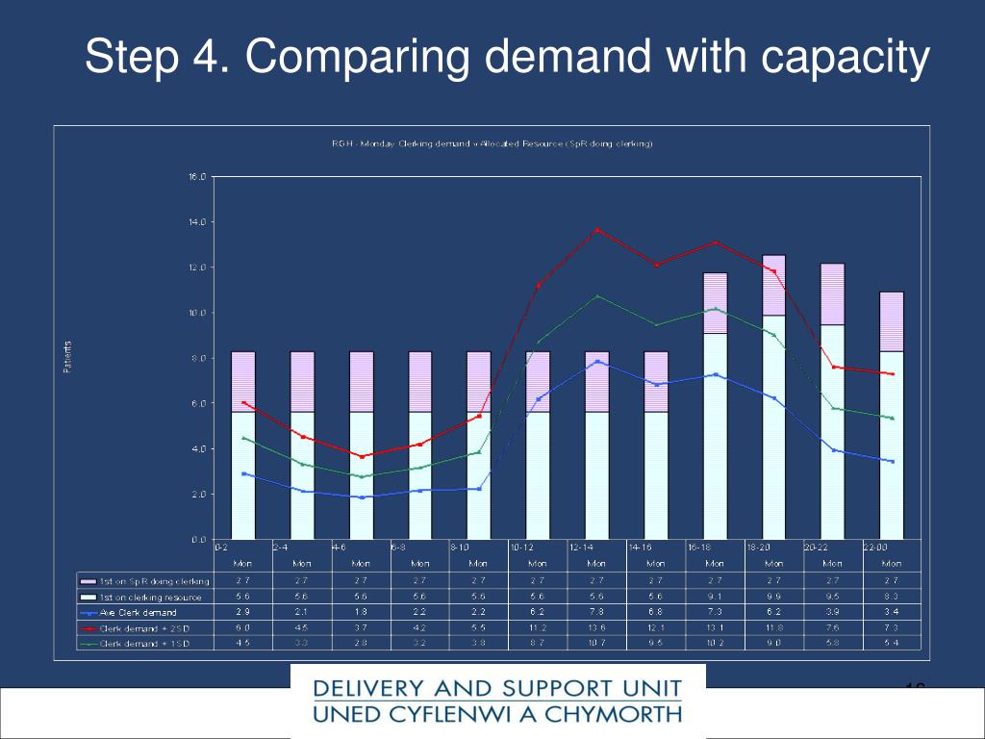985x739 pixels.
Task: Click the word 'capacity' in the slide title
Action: pyautogui.click(x=846, y=58)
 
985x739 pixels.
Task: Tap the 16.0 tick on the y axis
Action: pyautogui.click(x=197, y=177)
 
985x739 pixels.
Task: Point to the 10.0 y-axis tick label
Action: pyautogui.click(x=197, y=313)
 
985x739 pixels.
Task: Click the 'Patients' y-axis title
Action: pyautogui.click(x=67, y=358)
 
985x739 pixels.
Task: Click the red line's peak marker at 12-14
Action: pyautogui.click(x=597, y=230)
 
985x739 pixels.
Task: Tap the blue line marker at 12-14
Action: pyautogui.click(x=597, y=362)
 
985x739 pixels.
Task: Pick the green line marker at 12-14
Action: pyautogui.click(x=597, y=296)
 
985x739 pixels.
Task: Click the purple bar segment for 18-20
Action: pyautogui.click(x=773, y=285)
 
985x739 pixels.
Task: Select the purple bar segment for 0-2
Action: pyautogui.click(x=243, y=381)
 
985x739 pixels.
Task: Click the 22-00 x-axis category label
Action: pyautogui.click(x=875, y=547)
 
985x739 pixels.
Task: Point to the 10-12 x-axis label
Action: pyautogui.click(x=522, y=547)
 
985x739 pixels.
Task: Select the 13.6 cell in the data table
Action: pyautogui.click(x=596, y=627)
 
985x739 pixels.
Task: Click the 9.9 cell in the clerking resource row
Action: pyautogui.click(x=773, y=597)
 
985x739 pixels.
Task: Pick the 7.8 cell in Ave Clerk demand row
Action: pyautogui.click(x=596, y=612)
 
